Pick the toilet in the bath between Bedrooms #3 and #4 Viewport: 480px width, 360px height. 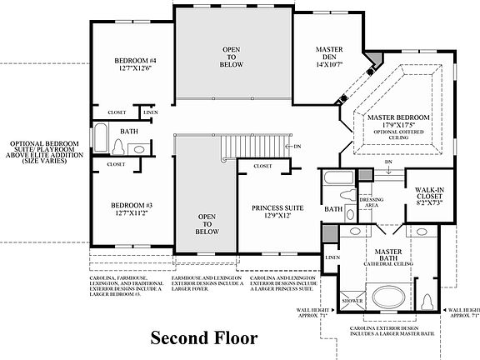tap(118, 147)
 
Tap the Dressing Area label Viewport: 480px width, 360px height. tap(369, 202)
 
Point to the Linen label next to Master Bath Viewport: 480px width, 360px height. tap(332, 258)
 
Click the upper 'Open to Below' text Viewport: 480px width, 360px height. tap(231, 56)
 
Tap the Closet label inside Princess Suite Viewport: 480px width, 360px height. tap(262, 167)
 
